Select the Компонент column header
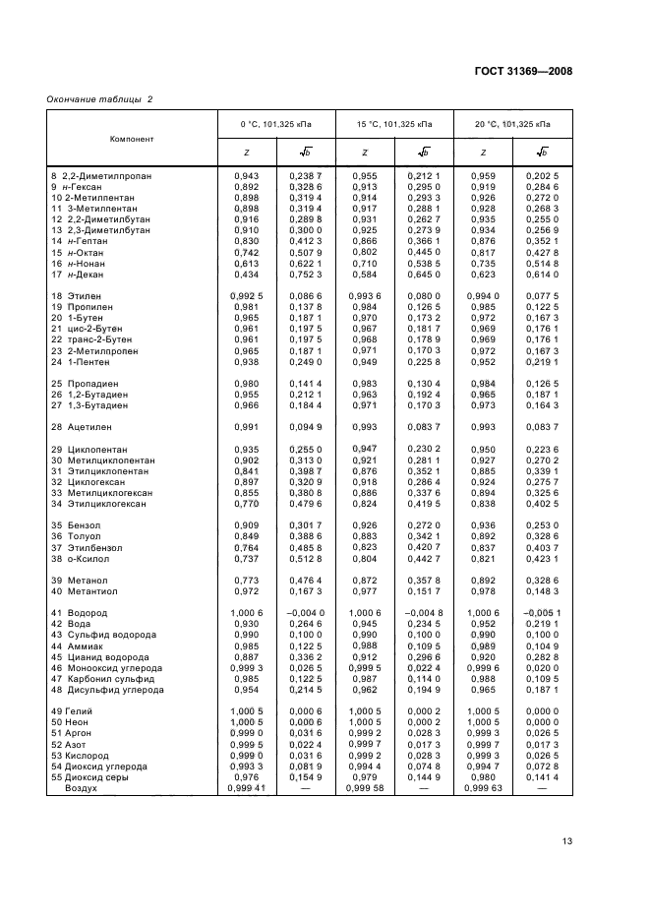[131, 139]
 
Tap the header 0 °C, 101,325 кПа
[276, 125]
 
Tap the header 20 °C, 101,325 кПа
[512, 125]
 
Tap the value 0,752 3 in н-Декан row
[308, 276]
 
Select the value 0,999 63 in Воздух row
[483, 788]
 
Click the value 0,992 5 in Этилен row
[248, 295]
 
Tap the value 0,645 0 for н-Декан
[425, 276]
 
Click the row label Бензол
[86, 525]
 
